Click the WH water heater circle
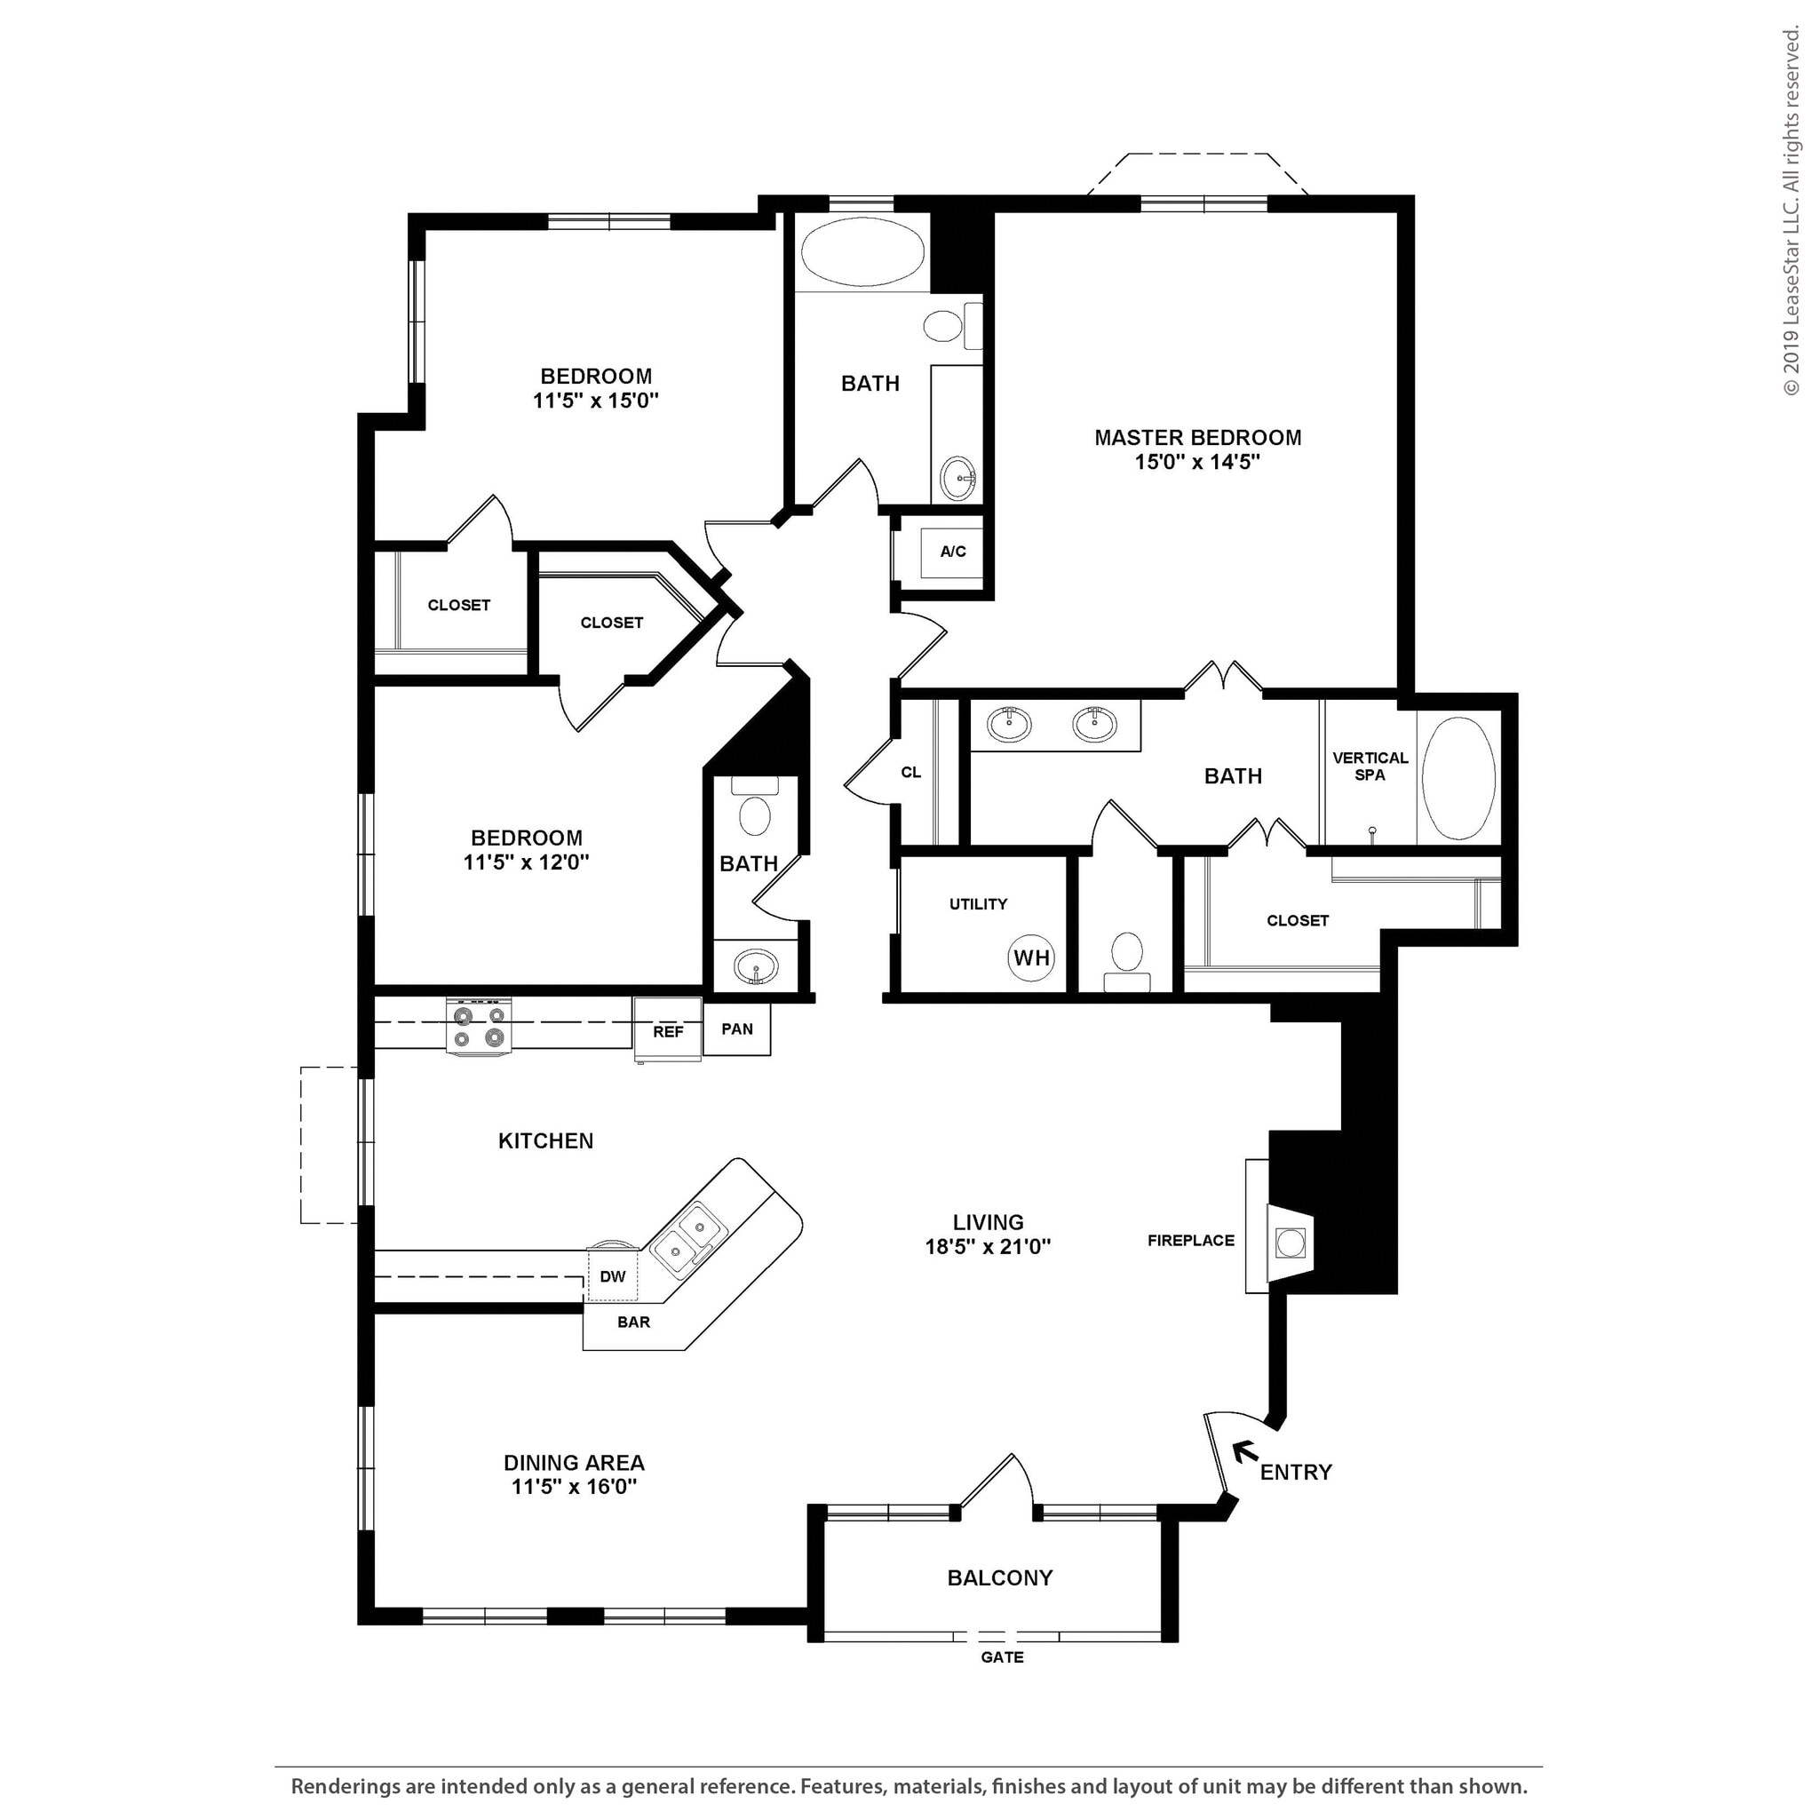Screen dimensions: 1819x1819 (1031, 958)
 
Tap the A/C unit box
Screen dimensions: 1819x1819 (952, 552)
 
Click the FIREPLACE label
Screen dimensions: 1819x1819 (1190, 1241)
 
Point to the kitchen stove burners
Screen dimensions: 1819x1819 (479, 1026)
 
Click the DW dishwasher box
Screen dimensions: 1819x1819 (612, 1276)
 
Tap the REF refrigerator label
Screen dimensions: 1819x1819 (668, 1032)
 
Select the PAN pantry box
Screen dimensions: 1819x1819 (736, 1029)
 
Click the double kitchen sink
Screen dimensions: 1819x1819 (687, 1240)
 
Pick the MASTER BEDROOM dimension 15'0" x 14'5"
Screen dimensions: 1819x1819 (1196, 462)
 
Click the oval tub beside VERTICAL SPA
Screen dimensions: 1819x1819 (1458, 778)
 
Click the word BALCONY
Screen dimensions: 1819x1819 (1000, 1578)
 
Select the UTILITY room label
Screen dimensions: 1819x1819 (977, 904)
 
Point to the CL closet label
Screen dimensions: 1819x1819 (910, 773)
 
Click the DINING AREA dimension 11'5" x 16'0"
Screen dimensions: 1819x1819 (574, 1487)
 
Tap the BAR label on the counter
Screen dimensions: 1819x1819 (633, 1322)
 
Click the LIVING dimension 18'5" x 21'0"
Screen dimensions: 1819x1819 (988, 1246)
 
